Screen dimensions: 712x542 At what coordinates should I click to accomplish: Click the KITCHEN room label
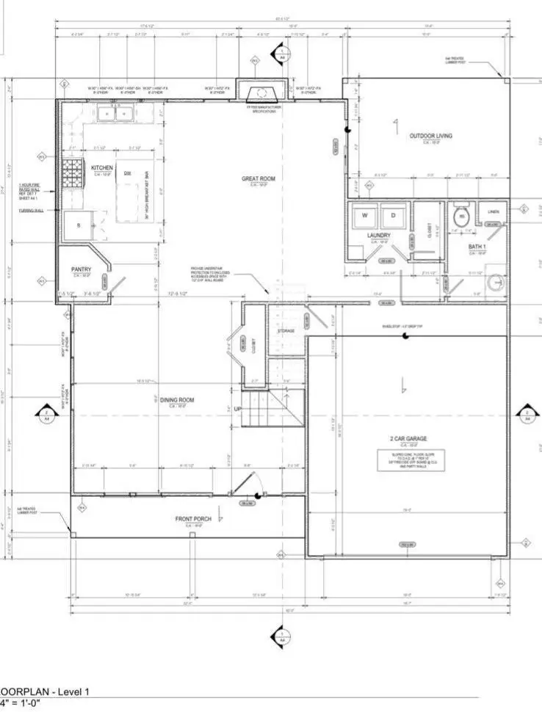tap(102, 168)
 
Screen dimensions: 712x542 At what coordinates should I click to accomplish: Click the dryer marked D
tap(393, 216)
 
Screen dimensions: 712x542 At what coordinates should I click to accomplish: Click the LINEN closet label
tap(494, 212)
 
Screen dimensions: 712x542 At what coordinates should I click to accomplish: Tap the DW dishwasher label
tap(128, 172)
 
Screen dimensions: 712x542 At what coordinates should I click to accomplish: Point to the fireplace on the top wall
tap(259, 93)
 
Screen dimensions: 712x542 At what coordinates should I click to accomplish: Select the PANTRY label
tap(81, 269)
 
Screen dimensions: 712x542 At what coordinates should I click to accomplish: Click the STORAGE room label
tap(286, 331)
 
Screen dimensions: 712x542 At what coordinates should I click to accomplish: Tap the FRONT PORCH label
tap(193, 520)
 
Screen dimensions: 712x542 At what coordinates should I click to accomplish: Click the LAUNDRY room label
tap(378, 236)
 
